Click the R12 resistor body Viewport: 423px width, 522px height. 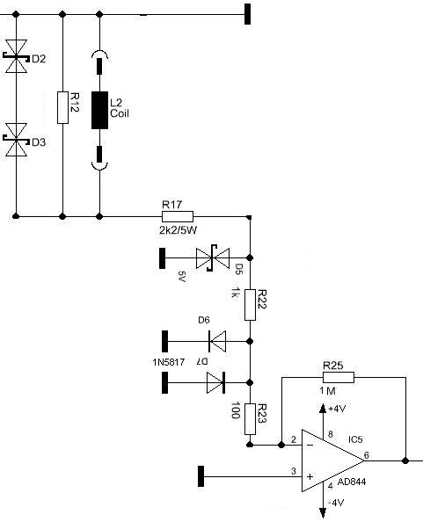tap(63, 107)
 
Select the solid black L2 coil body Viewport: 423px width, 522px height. tap(99, 110)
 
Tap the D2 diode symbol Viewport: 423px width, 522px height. tap(16, 56)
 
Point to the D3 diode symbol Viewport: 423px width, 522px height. tap(16, 140)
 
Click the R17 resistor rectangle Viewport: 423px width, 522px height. tap(178, 216)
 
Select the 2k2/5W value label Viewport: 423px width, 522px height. tap(178, 230)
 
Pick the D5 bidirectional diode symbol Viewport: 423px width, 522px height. tap(213, 258)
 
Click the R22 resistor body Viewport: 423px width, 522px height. tap(250, 305)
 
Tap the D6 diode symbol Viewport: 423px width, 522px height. tap(217, 341)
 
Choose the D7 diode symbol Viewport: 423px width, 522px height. tap(215, 382)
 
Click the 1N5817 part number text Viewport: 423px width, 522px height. tap(169, 362)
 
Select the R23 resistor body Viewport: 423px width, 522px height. tap(250, 419)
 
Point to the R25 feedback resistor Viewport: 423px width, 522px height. tap(339, 378)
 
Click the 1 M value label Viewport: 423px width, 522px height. tap(327, 391)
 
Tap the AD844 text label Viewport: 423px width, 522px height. tap(352, 482)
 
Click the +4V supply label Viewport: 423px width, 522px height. tap(337, 409)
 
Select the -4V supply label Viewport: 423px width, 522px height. tap(336, 503)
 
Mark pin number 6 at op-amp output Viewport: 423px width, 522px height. tap(367, 454)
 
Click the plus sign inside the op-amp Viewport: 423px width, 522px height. tap(310, 476)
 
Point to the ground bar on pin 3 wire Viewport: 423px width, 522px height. tap(201, 476)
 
